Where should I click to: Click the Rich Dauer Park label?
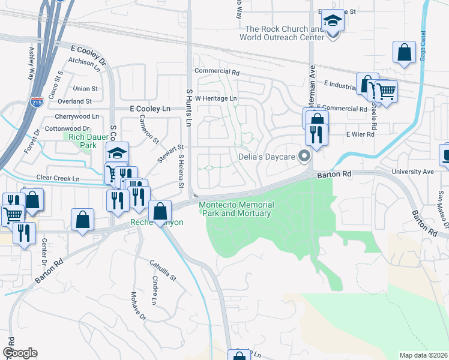80,140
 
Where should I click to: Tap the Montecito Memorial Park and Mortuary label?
237,209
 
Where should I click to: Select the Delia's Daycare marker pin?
304,157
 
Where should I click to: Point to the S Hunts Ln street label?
188,107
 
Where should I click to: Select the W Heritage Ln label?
216,98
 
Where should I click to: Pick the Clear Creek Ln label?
58,179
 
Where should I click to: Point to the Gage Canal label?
423,45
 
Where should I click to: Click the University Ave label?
412,172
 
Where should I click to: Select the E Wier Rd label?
360,134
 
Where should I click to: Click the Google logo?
20,353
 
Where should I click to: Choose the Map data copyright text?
423,355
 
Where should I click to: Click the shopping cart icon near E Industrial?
387,92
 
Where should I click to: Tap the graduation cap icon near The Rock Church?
332,21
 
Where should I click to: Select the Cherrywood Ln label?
76,116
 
